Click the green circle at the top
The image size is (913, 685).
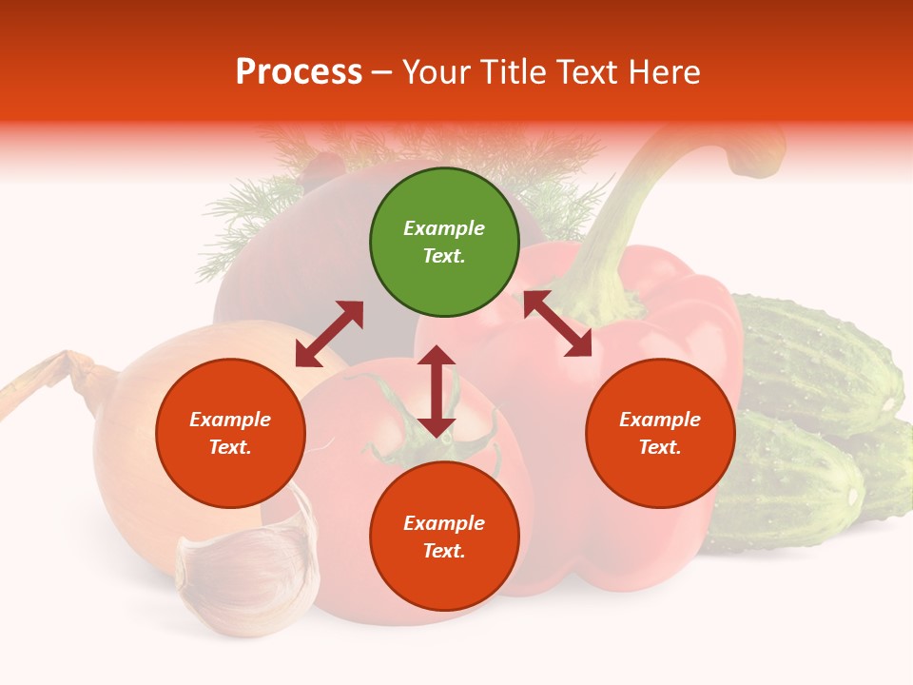click(444, 243)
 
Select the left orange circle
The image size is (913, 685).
click(230, 433)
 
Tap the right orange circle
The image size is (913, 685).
click(660, 433)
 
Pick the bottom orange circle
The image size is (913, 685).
click(444, 537)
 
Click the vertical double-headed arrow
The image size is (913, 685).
click(437, 391)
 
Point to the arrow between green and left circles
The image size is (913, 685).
click(329, 334)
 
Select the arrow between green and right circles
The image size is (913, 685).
click(557, 323)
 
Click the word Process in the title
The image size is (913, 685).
click(299, 72)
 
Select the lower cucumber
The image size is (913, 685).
click(789, 485)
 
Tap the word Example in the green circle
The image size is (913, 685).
click(444, 228)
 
